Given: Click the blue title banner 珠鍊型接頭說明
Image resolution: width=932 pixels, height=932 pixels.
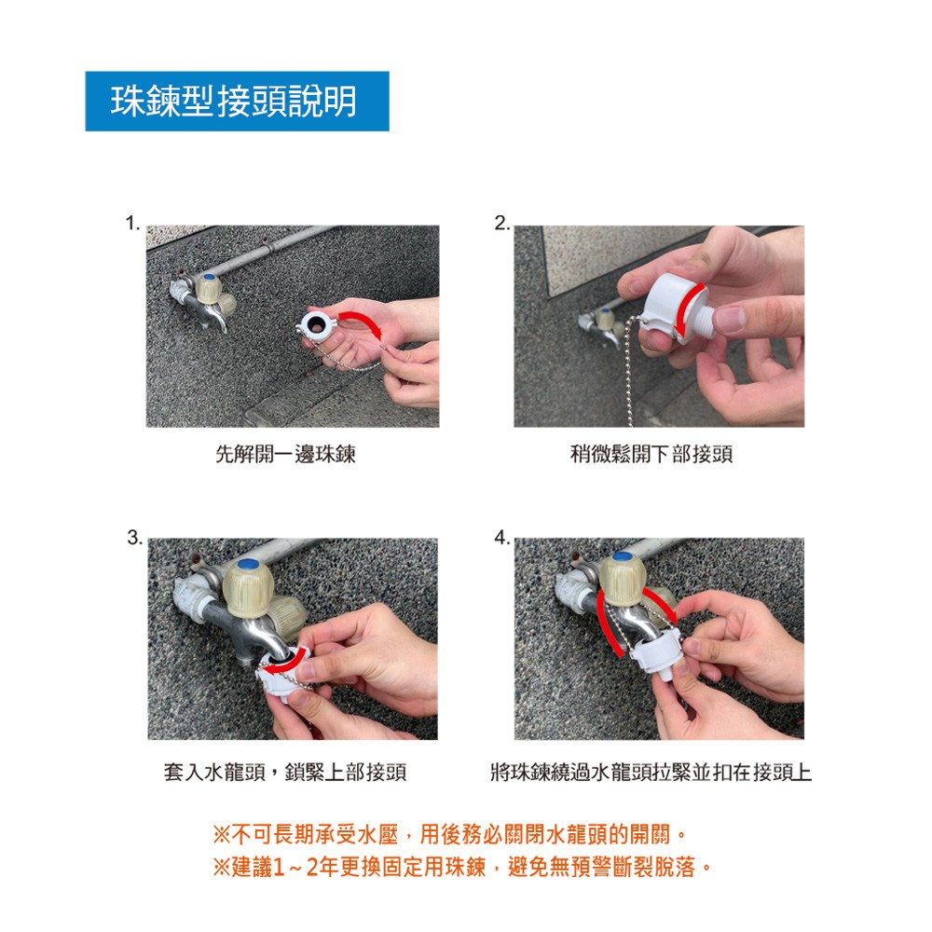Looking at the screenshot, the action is coord(237,101).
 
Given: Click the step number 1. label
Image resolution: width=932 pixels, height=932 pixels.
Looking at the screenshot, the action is coord(132,224).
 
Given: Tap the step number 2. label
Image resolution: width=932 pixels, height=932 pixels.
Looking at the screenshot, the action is coord(502,223).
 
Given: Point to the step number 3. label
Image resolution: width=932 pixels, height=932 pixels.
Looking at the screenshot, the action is coord(135,538).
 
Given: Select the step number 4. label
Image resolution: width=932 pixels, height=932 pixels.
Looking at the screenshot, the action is coord(502,538).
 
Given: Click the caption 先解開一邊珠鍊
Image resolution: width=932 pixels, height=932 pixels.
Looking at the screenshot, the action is coord(285,454).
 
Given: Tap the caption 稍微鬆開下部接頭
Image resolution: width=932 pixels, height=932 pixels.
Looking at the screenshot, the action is coord(651,454).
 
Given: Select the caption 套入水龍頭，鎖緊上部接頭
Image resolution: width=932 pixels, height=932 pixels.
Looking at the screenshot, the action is coord(285,772).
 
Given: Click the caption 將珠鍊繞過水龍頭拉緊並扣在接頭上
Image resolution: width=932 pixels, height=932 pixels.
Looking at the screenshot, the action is coord(651,772).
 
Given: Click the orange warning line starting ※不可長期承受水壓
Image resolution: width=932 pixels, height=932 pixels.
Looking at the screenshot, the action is coord(450,834).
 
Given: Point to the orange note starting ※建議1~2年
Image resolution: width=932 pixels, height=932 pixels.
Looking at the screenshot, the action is coord(462,867).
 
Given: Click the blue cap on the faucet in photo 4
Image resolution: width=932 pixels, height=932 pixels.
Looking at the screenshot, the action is coord(622,557).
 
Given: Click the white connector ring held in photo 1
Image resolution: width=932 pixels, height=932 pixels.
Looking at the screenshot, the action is coord(318,324).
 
